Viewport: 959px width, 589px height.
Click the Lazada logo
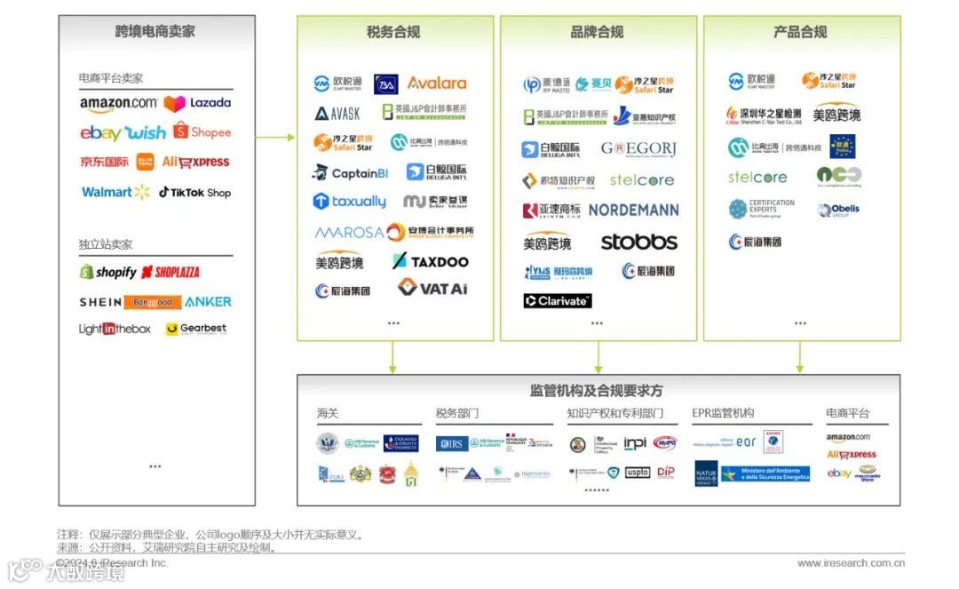click(197, 103)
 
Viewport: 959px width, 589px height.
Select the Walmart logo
click(115, 192)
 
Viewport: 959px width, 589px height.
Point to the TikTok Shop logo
click(194, 192)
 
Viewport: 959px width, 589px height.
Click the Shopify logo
click(107, 272)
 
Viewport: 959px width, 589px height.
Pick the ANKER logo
click(208, 302)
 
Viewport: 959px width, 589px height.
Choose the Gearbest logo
click(196, 329)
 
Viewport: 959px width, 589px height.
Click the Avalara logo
click(436, 83)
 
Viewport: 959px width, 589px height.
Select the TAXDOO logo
click(431, 261)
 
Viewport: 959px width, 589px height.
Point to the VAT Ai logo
click(432, 288)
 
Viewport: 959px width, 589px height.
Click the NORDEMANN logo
click(633, 211)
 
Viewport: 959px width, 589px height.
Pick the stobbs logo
click(638, 242)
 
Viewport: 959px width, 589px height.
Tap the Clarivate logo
click(557, 300)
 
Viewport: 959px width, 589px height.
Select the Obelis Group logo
click(838, 211)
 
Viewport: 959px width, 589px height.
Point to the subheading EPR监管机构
click(723, 413)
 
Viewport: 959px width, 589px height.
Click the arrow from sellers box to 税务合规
click(275, 137)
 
